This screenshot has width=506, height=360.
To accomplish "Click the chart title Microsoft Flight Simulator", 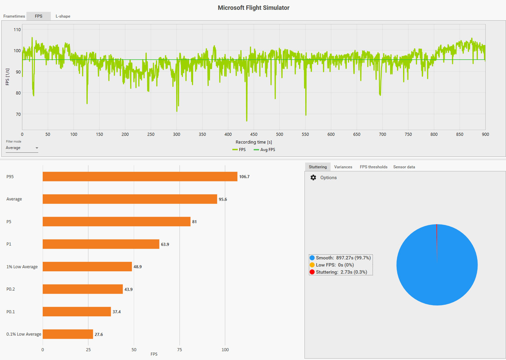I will pos(253,8).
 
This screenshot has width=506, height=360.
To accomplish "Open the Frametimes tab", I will pos(14,16).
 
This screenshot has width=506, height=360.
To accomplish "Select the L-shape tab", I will pos(63,16).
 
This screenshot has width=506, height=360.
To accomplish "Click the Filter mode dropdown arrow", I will pos(37,148).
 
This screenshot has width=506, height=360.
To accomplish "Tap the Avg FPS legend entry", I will pos(265,150).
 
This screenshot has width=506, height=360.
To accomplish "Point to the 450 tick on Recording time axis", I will pos(254,134).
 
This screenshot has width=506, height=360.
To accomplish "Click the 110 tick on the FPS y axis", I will pos(17,29).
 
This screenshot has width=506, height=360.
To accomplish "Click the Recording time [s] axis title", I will pos(254,142).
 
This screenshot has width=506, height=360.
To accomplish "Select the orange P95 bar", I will pos(140,176).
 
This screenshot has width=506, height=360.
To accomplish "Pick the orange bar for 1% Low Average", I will pos(87,267).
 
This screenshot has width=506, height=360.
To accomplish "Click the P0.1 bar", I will pos(77,312).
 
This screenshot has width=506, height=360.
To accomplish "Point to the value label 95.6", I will pos(223,199).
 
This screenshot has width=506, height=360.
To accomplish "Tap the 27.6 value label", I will pos(99,335).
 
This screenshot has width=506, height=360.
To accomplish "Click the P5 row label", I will pos(9,222).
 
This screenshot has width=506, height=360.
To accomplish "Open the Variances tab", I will pos(343,167).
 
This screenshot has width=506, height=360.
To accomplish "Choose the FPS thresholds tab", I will pos(374,167).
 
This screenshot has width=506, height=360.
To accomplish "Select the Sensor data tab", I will pos(404,167).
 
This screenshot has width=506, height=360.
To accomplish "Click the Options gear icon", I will pos(313,177).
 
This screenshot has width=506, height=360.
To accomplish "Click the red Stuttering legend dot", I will pos(312,272).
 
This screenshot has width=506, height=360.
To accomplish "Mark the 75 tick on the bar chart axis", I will pos(180,350).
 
